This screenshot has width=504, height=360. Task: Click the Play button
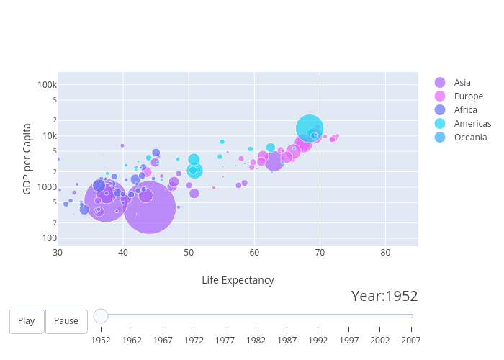(x=27, y=321)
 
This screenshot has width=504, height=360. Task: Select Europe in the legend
(x=468, y=96)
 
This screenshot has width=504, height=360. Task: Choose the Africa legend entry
(x=464, y=110)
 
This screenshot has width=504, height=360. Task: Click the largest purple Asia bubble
(x=150, y=207)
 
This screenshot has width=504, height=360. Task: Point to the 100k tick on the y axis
(x=47, y=85)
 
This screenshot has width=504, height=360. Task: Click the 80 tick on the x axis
(x=385, y=253)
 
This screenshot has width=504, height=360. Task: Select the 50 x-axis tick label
(x=189, y=253)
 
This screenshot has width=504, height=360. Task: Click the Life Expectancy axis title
(x=238, y=280)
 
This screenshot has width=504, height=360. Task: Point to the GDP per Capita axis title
(x=27, y=158)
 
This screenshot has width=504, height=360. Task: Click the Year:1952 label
(x=384, y=296)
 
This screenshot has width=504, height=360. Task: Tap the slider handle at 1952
(x=101, y=316)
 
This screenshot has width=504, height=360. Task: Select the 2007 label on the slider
(x=411, y=339)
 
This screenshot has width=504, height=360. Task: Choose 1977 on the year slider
(x=225, y=339)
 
